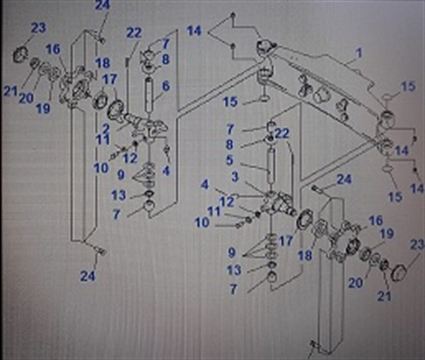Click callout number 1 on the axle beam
click(359, 53)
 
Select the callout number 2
click(106, 128)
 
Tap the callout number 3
click(235, 177)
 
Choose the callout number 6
click(165, 86)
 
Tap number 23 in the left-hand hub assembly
click(38, 28)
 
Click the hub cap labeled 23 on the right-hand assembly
click(399, 272)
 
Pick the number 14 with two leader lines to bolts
click(195, 31)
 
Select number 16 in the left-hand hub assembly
click(53, 50)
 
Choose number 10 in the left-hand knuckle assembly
click(101, 168)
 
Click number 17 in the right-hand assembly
click(286, 241)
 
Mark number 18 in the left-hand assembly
click(103, 64)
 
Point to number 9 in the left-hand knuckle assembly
click(121, 174)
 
